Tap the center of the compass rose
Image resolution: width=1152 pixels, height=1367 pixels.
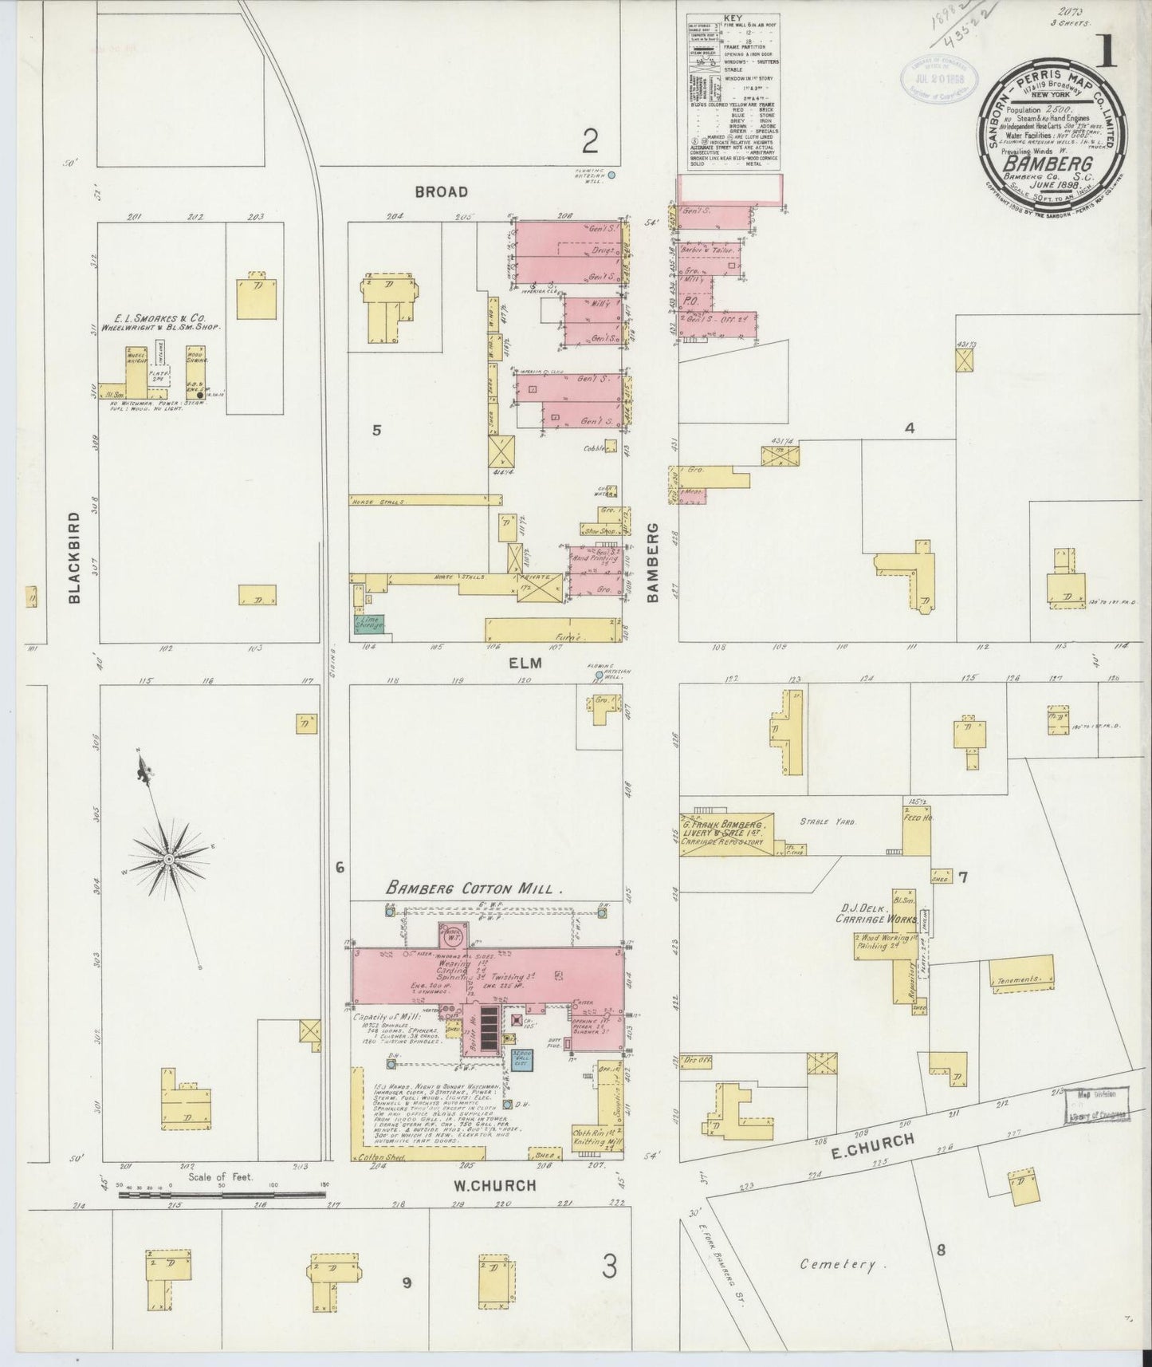[169, 858]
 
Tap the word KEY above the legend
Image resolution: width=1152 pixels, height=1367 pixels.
[732, 17]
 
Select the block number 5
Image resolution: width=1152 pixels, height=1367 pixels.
[376, 431]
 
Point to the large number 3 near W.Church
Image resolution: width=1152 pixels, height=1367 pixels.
[609, 1267]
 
